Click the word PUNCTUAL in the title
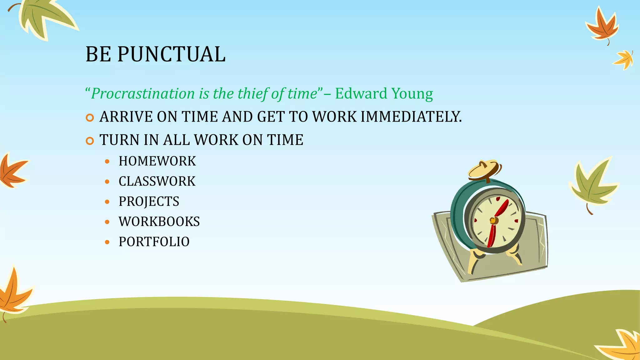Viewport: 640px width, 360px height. (x=171, y=54)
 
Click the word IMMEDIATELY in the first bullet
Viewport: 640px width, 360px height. (x=411, y=117)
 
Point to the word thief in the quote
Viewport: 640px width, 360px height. (x=253, y=94)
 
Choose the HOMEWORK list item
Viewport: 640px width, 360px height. (x=157, y=161)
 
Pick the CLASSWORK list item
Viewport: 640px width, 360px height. (x=157, y=182)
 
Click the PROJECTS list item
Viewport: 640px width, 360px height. (x=149, y=202)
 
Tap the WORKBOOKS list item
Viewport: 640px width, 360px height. (x=159, y=222)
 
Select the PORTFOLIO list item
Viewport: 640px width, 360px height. (x=154, y=242)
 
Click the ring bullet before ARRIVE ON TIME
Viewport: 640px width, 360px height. (x=90, y=118)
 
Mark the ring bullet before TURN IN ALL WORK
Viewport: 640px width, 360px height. (x=90, y=141)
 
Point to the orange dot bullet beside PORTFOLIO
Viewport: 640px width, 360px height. (x=107, y=242)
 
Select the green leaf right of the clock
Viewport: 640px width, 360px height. (x=593, y=184)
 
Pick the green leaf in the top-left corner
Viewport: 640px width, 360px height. (x=44, y=17)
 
